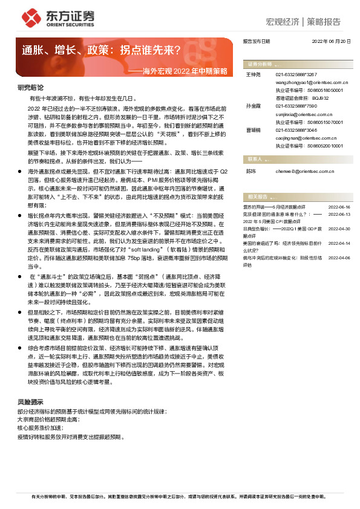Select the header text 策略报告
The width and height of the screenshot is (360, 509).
pyautogui.click(x=324, y=22)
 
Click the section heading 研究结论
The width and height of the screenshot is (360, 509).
pyautogui.click(x=30, y=87)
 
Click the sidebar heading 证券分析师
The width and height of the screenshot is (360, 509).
pyautogui.click(x=257, y=63)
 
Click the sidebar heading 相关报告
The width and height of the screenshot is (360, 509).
pyautogui.click(x=257, y=196)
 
